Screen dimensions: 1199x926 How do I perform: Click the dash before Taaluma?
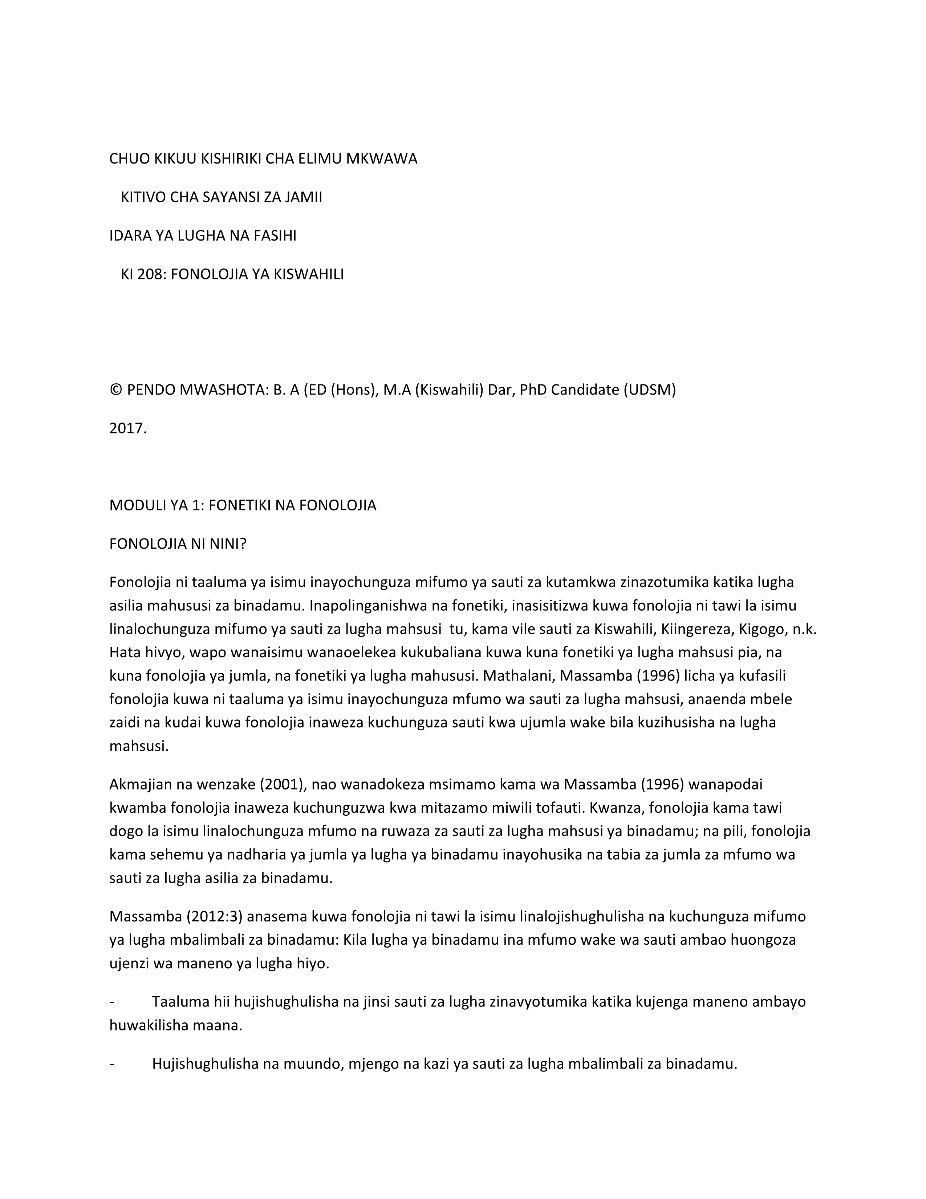112,1002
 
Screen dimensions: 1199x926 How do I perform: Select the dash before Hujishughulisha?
112,1064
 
